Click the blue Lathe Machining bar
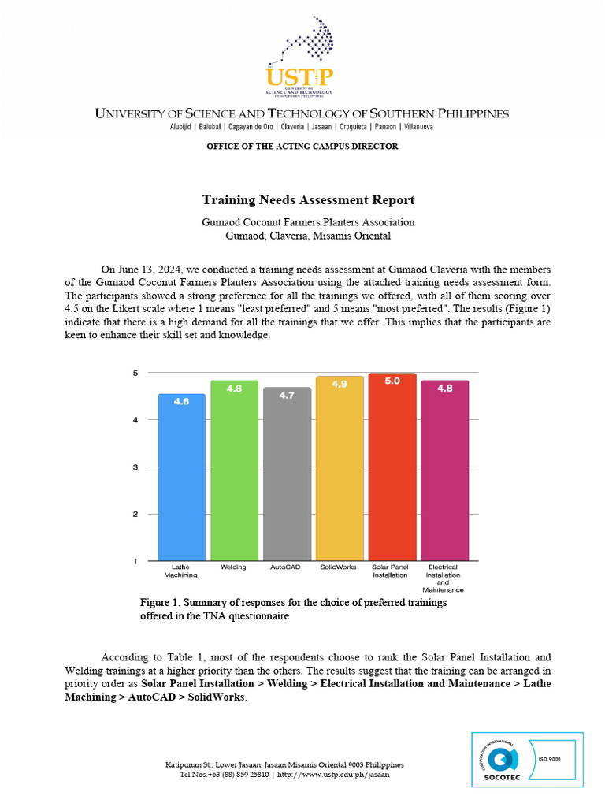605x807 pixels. point(182,481)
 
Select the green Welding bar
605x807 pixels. point(234,473)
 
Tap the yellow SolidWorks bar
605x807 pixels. point(340,473)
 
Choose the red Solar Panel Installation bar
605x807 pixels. point(392,473)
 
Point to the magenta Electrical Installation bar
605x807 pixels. point(444,473)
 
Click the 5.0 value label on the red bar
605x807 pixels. point(392,381)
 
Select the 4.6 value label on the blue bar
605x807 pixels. point(182,401)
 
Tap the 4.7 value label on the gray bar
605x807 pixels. point(287,395)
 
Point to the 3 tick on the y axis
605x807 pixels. point(136,467)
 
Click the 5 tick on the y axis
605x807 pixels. point(136,373)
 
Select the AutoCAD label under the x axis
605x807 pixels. point(287,567)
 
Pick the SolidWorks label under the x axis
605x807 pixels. point(339,567)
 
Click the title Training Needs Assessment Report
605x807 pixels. point(308,200)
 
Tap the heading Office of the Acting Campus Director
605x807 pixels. point(302,147)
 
